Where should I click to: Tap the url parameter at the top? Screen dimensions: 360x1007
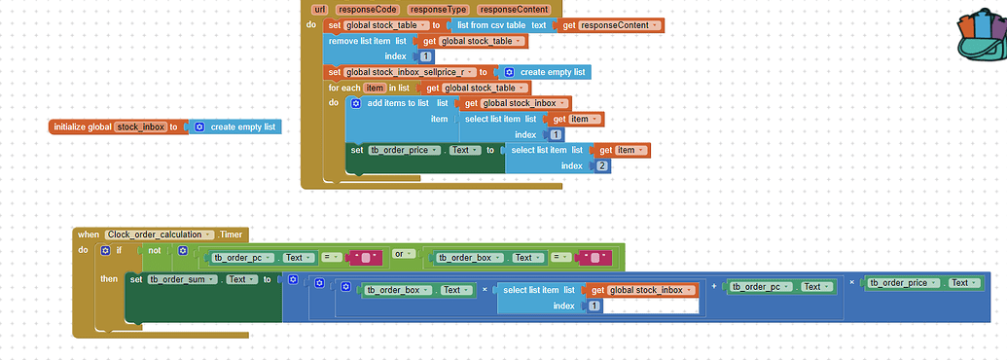click(317, 9)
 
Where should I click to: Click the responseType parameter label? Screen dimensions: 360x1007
click(437, 9)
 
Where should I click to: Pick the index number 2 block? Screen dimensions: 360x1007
click(602, 166)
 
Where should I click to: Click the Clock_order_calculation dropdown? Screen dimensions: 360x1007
click(160, 234)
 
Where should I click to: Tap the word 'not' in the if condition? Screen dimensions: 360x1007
click(154, 251)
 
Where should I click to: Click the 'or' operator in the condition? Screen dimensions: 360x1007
click(398, 255)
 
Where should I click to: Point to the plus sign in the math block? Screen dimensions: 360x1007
click(714, 285)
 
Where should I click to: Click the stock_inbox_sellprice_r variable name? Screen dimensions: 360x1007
click(407, 72)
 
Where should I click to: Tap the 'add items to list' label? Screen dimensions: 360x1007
click(399, 103)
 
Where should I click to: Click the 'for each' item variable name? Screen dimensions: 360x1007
click(374, 88)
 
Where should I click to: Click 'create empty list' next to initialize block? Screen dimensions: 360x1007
click(242, 126)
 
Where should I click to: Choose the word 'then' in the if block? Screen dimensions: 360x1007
click(109, 279)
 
